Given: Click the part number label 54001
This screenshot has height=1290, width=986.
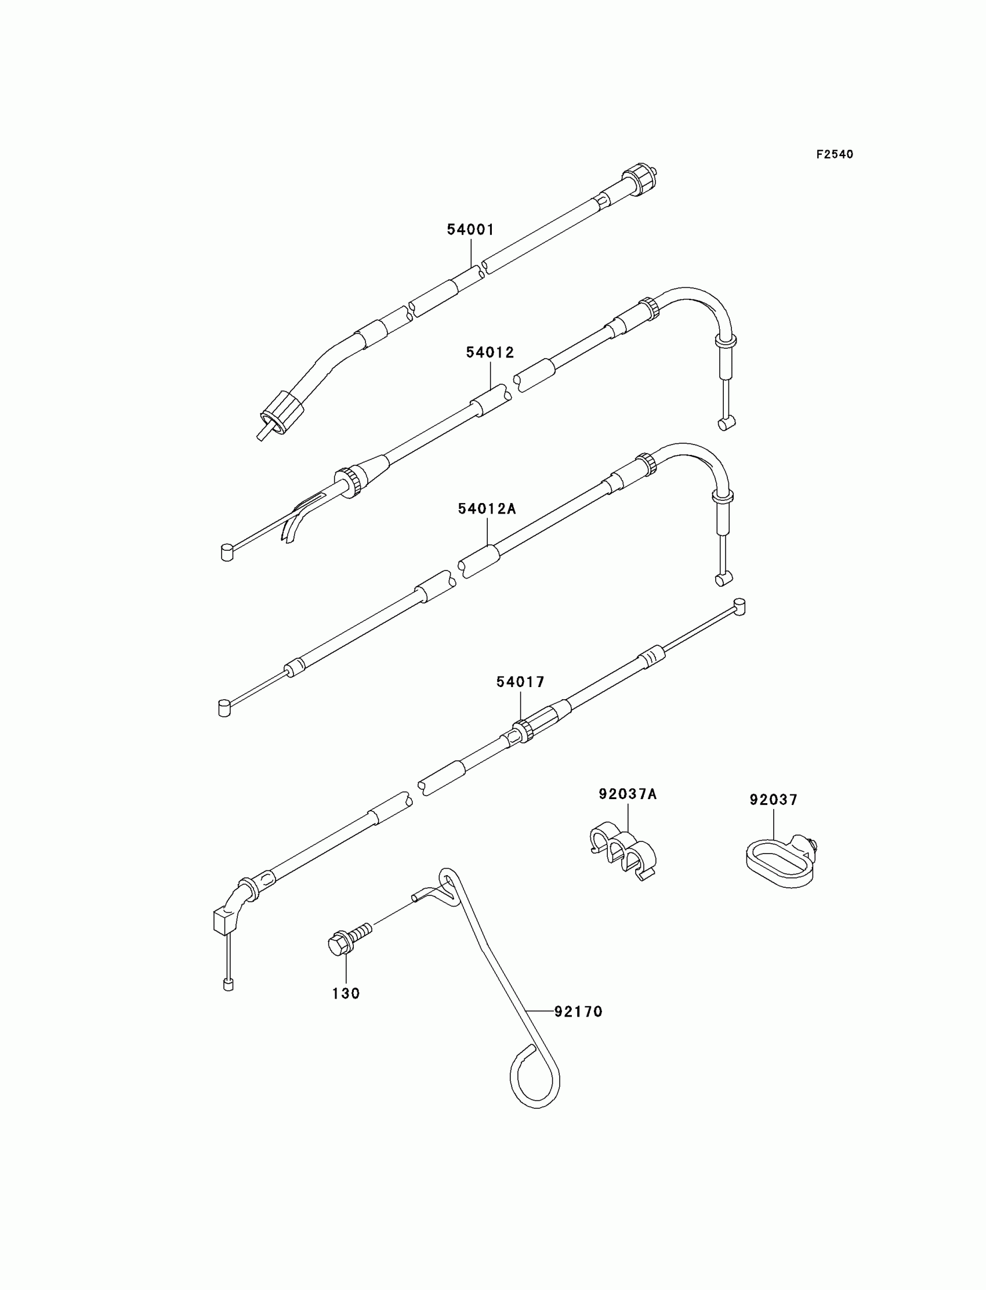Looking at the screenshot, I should (x=470, y=230).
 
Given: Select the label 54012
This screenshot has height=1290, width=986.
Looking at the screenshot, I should (x=490, y=352).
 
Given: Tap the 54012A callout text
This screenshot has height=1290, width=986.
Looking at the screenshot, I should (x=487, y=508).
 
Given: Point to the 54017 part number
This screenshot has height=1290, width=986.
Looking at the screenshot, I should (x=520, y=682).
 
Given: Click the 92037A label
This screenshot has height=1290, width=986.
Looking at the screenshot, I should (x=628, y=794).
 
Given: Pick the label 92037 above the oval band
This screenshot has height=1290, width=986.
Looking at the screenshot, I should (x=773, y=800).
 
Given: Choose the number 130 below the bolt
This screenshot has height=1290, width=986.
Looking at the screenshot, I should (x=346, y=993).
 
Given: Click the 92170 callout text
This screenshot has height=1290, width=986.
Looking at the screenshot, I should (x=578, y=1011).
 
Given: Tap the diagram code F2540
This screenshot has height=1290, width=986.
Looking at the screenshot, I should (x=834, y=154).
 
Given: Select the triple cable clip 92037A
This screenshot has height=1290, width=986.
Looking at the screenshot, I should (x=623, y=854).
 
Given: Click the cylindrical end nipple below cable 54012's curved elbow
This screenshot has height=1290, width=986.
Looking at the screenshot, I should (x=726, y=423).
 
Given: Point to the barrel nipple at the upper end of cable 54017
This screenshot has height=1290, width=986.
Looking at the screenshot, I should (x=739, y=606).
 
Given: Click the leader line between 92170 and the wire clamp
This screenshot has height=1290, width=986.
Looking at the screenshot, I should (x=540, y=1011).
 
